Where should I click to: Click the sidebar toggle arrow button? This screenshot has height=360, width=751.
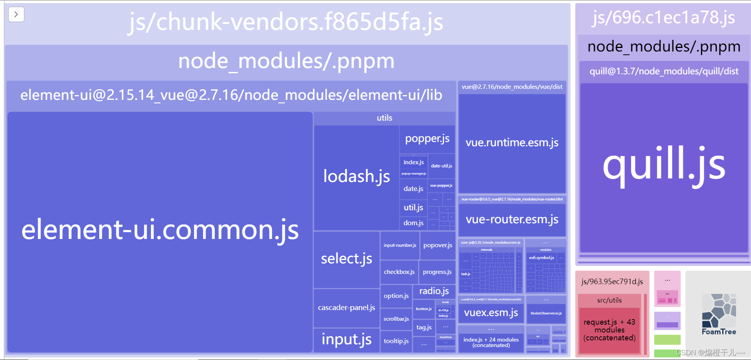[16, 15]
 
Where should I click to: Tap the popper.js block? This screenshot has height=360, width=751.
[427, 139]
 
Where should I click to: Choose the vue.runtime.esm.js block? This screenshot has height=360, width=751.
[512, 143]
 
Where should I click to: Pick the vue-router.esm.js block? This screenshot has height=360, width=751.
[512, 219]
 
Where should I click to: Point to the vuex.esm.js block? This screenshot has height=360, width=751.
[491, 313]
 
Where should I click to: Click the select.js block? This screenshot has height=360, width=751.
[346, 259]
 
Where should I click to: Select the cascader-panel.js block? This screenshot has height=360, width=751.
[346, 308]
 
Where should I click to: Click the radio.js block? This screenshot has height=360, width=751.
[434, 291]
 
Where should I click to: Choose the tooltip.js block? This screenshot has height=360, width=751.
[396, 341]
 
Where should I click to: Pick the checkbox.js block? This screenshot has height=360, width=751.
[399, 272]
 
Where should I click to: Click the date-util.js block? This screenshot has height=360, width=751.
[441, 166]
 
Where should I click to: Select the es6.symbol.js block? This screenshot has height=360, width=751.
[541, 258]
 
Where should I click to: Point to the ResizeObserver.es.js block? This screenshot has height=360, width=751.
[546, 313]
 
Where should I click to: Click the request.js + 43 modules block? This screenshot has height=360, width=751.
[609, 330]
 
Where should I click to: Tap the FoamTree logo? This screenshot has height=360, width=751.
[718, 314]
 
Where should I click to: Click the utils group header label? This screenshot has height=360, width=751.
[384, 118]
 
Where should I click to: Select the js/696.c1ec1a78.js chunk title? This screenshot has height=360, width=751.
[663, 18]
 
